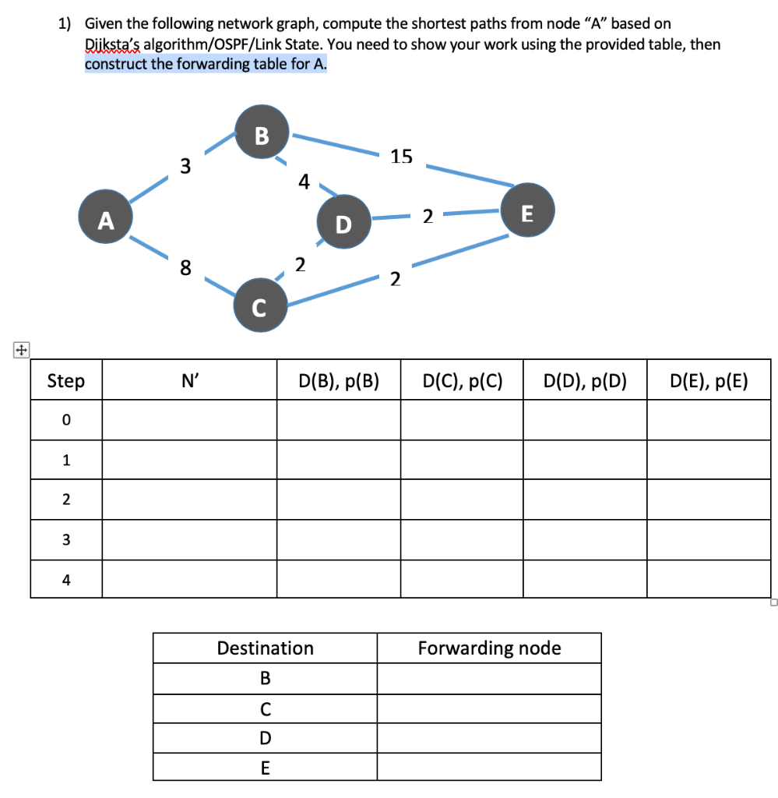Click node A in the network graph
(x=104, y=221)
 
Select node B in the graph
(x=262, y=136)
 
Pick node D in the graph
(x=343, y=224)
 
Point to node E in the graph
(x=527, y=213)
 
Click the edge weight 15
(x=402, y=157)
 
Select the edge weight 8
(x=185, y=269)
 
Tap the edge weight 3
(x=185, y=166)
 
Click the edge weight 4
(x=304, y=182)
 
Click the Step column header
(x=66, y=381)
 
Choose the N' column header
(x=189, y=381)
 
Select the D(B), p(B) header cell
(x=339, y=381)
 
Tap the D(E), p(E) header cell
(x=708, y=381)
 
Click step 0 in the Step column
(x=66, y=420)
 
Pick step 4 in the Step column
(x=66, y=579)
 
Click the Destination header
(x=265, y=648)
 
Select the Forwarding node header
(x=489, y=648)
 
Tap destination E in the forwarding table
(x=265, y=768)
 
